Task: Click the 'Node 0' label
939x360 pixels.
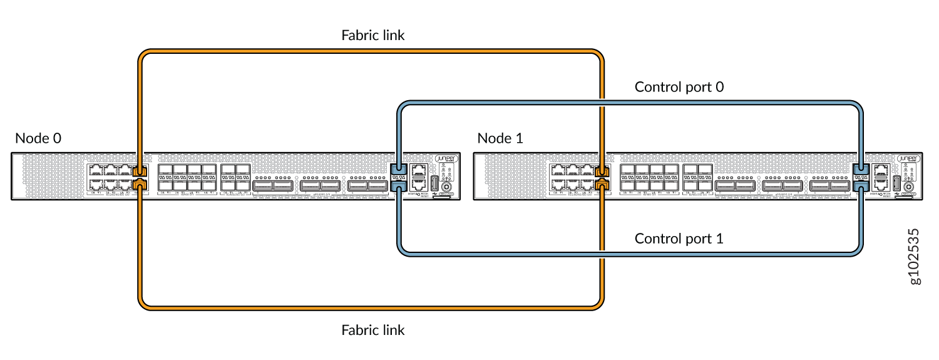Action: coord(38,138)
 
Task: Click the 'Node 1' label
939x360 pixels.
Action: coord(500,138)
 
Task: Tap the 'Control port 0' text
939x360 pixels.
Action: coord(679,87)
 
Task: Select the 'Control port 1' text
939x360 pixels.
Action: coord(679,239)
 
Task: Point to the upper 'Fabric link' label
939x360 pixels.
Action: coord(373,35)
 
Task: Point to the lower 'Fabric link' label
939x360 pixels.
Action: coord(373,329)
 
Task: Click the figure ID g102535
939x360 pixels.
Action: coord(915,257)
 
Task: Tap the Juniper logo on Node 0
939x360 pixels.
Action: coord(446,160)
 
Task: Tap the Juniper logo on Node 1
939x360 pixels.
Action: coord(908,160)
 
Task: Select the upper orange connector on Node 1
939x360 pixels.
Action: coord(603,170)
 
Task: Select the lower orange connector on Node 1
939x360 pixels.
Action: coord(603,183)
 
